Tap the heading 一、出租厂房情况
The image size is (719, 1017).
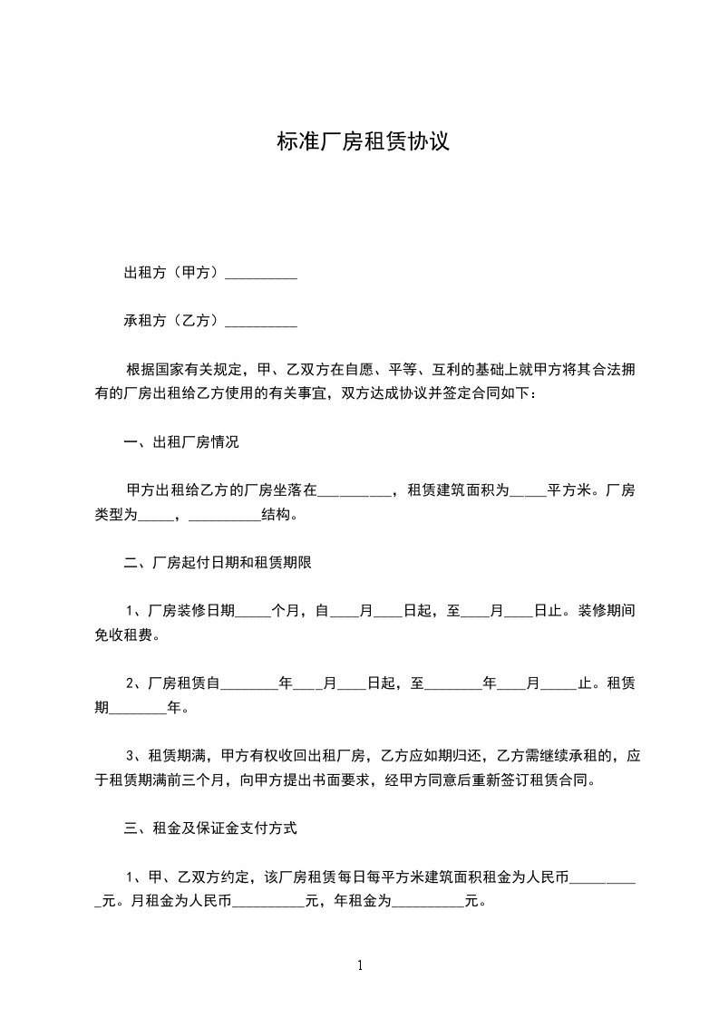[x=181, y=443]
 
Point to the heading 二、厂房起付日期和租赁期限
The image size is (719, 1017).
[x=218, y=563]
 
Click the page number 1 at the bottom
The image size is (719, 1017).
[x=360, y=966]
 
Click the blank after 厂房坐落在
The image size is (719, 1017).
[x=355, y=492]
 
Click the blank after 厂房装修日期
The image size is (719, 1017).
[x=253, y=612]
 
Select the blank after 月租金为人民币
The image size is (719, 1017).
[x=269, y=902]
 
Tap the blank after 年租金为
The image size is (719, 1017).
[x=427, y=902]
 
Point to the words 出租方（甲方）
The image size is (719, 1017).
[x=172, y=273]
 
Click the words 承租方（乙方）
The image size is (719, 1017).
[x=172, y=320]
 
